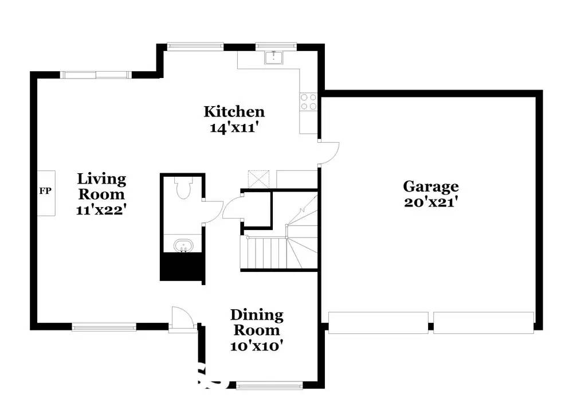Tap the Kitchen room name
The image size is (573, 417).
click(234, 111)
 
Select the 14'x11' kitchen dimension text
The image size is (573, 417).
click(234, 127)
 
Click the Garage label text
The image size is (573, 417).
click(430, 186)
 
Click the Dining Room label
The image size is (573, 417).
click(257, 322)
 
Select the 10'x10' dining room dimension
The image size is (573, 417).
click(257, 346)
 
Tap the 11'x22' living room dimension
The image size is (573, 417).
click(101, 209)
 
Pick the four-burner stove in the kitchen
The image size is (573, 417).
click(308, 102)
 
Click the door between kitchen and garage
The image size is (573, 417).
click(329, 153)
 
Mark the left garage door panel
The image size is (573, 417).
click(378, 322)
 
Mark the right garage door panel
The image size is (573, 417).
click(484, 322)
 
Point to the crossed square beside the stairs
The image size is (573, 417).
click(257, 179)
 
